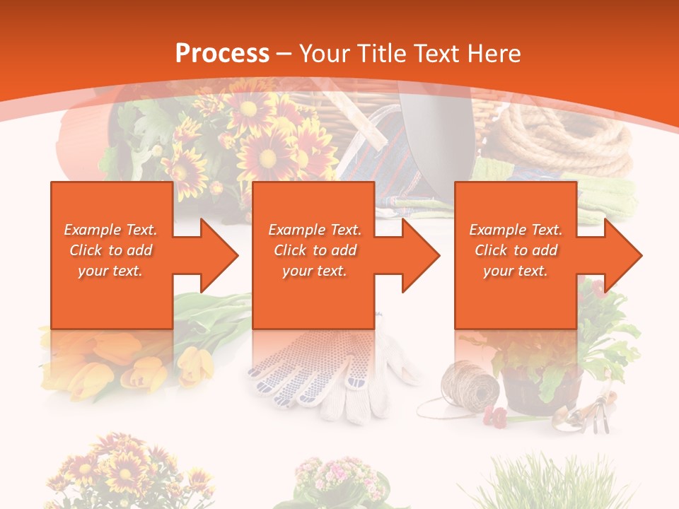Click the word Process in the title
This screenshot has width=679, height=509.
pos(222,54)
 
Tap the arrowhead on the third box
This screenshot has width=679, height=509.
pos(622,255)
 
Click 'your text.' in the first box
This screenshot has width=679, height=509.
pos(110,271)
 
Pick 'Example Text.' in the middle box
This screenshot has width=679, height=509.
pos(315,230)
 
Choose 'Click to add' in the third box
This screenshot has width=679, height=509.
pos(516,250)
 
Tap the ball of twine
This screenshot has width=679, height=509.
pos(470,385)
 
